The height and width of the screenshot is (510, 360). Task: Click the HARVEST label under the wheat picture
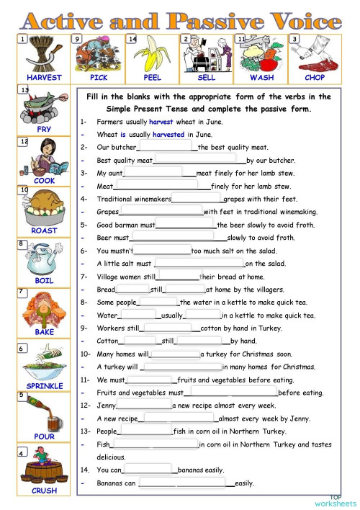(x=44, y=77)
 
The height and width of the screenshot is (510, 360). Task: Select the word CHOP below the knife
(x=315, y=77)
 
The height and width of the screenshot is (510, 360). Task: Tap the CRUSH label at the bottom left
(x=44, y=491)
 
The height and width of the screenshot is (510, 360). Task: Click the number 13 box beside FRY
(x=24, y=91)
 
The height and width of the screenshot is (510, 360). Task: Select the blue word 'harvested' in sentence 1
(x=168, y=134)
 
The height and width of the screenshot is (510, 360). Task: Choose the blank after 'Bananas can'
(x=184, y=483)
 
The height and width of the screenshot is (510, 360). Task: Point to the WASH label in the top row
(x=261, y=77)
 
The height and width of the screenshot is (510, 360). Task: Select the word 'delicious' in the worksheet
(x=111, y=457)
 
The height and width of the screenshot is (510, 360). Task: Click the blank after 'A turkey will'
(x=189, y=367)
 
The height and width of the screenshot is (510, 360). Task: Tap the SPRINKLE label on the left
(x=44, y=386)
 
